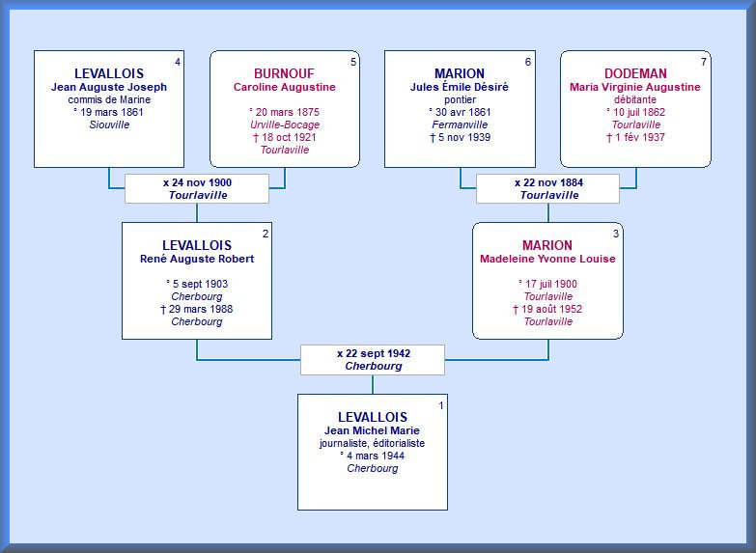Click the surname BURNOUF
[284, 73]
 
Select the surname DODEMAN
[635, 73]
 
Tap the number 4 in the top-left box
[177, 63]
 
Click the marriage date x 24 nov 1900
[197, 181]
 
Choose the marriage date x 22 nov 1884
[548, 181]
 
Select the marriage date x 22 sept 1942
[373, 353]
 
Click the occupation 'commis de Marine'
[109, 99]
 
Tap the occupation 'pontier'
[460, 99]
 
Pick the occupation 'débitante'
[635, 99]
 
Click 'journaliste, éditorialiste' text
[373, 443]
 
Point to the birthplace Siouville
[109, 124]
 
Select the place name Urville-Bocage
[285, 124]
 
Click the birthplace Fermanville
[460, 124]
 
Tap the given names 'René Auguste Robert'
[197, 259]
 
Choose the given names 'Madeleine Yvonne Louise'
[547, 259]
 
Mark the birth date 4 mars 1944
[373, 456]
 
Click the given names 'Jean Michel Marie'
[373, 430]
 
